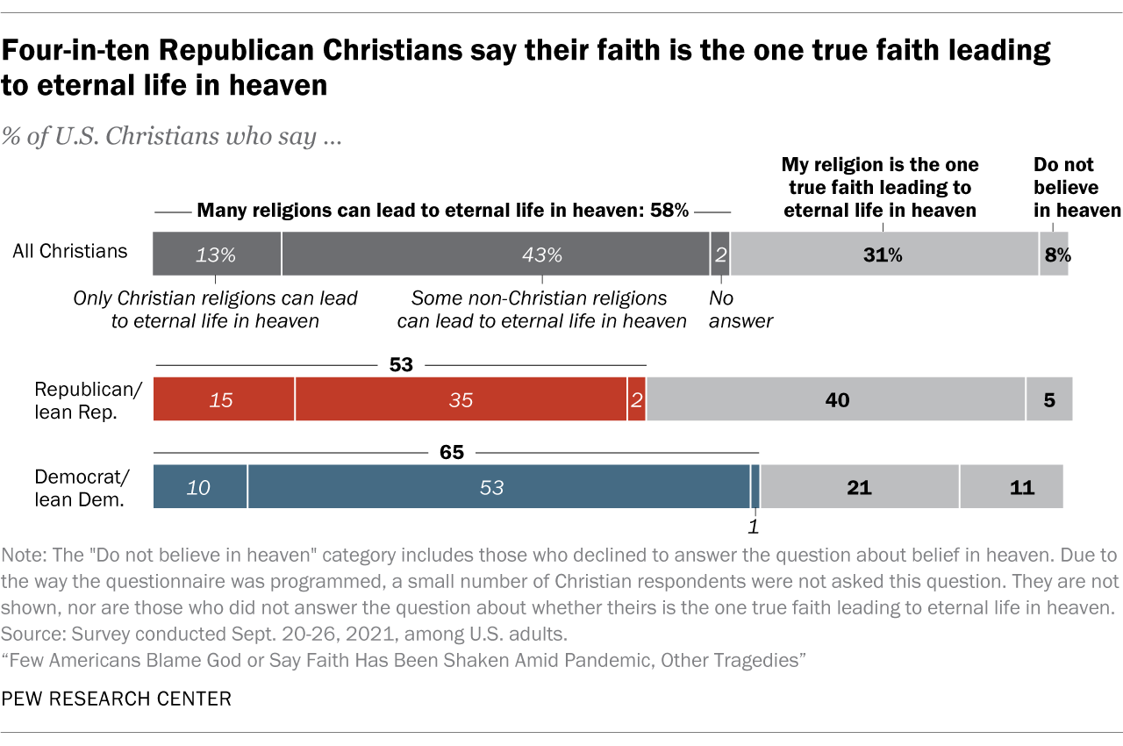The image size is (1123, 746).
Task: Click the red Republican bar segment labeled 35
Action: (x=461, y=399)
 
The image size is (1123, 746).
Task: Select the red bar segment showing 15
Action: (x=224, y=399)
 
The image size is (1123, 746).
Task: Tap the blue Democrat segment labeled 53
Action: (x=498, y=486)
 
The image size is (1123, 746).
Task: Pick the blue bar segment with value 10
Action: (x=200, y=486)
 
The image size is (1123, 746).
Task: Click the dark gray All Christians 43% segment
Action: (x=496, y=255)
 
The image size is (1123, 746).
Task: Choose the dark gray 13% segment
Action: (x=217, y=255)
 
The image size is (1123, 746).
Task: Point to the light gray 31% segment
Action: (x=884, y=255)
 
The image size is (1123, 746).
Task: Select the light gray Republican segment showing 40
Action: (x=835, y=399)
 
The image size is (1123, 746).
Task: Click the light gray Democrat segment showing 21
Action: (x=859, y=486)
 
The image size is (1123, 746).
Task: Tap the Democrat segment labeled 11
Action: (x=1011, y=486)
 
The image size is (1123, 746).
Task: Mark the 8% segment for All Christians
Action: (x=1055, y=255)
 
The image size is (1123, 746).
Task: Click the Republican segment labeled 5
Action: (x=1049, y=399)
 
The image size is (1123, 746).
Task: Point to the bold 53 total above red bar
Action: (x=401, y=363)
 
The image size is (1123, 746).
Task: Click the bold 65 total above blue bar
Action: (x=451, y=452)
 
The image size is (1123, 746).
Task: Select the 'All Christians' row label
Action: (x=69, y=251)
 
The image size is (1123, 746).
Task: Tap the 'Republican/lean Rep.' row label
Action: (x=75, y=399)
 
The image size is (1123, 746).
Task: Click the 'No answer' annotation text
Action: (x=740, y=310)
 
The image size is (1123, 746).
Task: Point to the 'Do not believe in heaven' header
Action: (x=1077, y=187)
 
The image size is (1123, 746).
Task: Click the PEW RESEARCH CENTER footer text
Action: (x=118, y=699)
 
